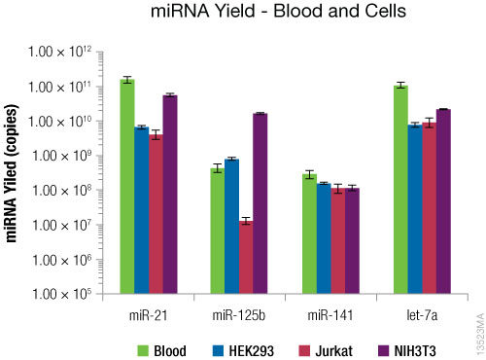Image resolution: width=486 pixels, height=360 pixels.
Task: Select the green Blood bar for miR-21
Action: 127,185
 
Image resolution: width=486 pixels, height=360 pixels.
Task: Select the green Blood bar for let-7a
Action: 400,189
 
